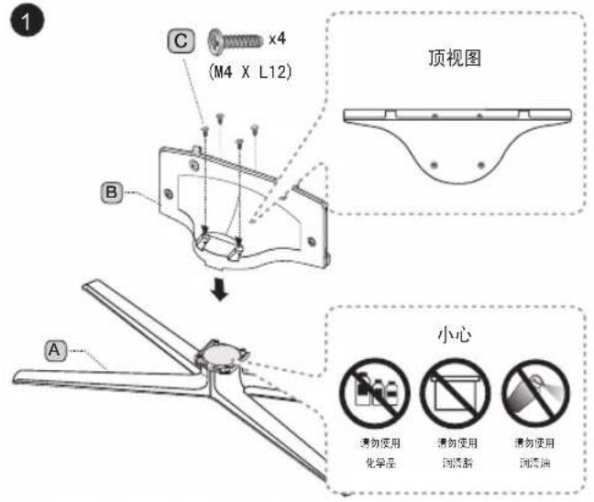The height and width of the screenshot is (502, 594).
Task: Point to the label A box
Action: [58, 348]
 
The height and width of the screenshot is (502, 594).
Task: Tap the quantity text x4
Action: [278, 39]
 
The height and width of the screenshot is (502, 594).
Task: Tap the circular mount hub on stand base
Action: [218, 354]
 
